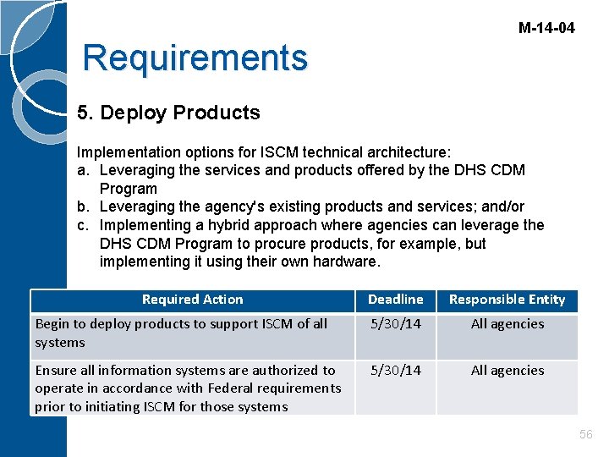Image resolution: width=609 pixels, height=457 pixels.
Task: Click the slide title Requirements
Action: point(195,58)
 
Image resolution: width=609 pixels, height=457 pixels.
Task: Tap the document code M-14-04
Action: point(546,28)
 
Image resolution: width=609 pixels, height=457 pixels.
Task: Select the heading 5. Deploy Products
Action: point(168,113)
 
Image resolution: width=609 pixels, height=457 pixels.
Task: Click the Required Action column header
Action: point(192,300)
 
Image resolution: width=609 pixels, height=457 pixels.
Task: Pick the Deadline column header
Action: point(395,300)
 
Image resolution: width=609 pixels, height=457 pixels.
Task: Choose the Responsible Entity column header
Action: point(507,300)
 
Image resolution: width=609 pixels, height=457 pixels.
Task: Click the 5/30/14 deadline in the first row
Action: point(395,324)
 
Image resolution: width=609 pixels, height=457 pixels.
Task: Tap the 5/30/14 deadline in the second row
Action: point(395,371)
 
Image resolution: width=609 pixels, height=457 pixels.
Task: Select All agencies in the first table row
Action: point(507,324)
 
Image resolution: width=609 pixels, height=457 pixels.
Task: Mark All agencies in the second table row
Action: point(507,371)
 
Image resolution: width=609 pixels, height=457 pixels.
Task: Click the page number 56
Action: point(585,434)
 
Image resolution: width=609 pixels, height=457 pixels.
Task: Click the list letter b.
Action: point(83,207)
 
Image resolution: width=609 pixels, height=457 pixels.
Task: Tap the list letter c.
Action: point(83,226)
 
